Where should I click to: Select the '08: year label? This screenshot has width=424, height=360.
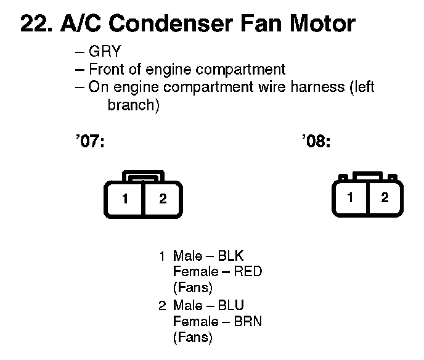[x=317, y=142]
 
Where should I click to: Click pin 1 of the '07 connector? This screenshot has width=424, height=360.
[x=125, y=199]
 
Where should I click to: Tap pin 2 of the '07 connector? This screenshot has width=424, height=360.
[x=163, y=199]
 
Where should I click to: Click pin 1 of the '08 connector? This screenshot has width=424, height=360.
[x=350, y=198]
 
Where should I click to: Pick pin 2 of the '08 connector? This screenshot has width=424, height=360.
[x=385, y=198]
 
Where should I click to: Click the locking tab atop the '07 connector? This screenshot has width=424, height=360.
[x=143, y=176]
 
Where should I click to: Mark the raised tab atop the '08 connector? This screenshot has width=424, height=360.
[x=367, y=176]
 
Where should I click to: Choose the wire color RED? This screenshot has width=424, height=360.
[x=248, y=272]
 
